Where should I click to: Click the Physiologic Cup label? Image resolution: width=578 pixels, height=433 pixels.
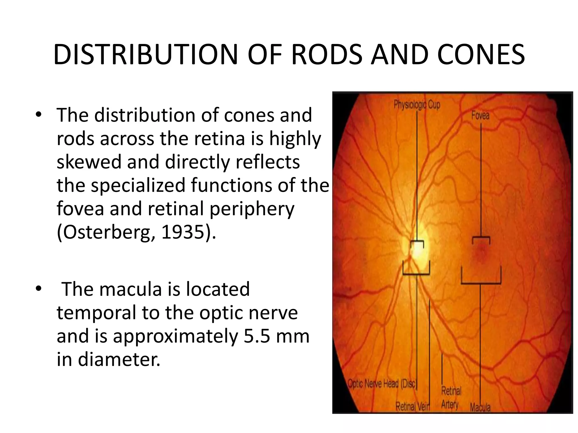[x=417, y=105]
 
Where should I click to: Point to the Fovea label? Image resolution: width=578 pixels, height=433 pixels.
[x=480, y=116]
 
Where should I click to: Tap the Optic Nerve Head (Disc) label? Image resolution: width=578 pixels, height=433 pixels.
[x=382, y=384]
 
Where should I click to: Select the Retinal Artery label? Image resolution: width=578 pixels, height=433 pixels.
[x=451, y=397]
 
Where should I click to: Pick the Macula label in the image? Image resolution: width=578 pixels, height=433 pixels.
[x=480, y=407]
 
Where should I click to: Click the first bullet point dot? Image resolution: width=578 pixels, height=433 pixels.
[x=39, y=115]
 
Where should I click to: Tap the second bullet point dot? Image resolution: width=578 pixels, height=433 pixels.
[x=39, y=289]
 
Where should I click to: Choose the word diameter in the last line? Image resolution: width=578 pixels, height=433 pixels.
[x=119, y=359]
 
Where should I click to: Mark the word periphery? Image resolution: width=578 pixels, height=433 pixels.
[x=252, y=209]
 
